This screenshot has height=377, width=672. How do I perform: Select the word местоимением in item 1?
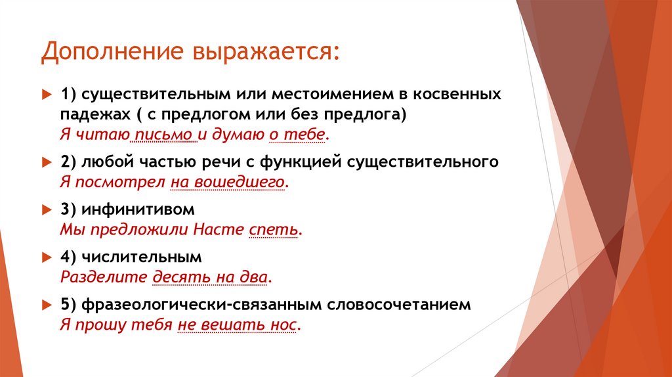(x=316, y=94)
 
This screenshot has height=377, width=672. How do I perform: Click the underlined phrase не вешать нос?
(x=238, y=324)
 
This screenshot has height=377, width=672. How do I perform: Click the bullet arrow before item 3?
(x=46, y=210)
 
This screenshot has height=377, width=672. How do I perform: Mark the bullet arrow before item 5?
(x=46, y=305)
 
